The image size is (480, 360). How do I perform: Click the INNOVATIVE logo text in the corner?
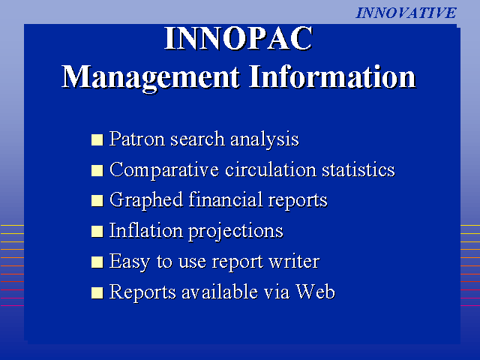tap(406, 13)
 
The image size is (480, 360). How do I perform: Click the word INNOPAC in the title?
tap(238, 38)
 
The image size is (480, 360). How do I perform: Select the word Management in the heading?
tap(150, 78)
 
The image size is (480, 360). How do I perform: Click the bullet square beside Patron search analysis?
tap(97, 139)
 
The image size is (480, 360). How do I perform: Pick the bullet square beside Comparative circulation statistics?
tap(97, 170)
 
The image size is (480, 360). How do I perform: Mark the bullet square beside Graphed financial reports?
tap(97, 201)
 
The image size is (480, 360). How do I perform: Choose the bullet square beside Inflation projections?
tap(97, 232)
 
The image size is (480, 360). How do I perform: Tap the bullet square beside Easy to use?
tap(97, 262)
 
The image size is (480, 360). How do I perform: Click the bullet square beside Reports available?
tap(97, 292)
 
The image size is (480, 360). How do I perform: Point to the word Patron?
tap(137, 139)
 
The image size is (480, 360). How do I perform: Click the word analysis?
tap(265, 140)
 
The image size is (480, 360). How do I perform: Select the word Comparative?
tap(164, 171)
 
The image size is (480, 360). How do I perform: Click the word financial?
tap(226, 199)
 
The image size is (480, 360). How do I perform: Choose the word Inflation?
tap(146, 230)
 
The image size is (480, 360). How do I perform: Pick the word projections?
tap(235, 232)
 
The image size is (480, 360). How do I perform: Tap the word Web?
tap(315, 292)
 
